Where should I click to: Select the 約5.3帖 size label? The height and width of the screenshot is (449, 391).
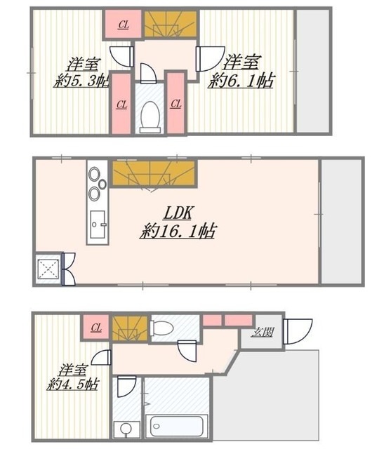pyautogui.click(x=81, y=81)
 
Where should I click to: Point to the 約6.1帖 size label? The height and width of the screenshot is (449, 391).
pyautogui.click(x=242, y=81)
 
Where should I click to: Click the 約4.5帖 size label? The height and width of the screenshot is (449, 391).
pyautogui.click(x=74, y=384)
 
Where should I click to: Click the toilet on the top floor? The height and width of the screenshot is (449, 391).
pyautogui.click(x=150, y=116)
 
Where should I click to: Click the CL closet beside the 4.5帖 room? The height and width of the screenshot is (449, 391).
pyautogui.click(x=95, y=326)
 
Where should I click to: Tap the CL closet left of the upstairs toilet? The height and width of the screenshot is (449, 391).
pyautogui.click(x=121, y=105)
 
